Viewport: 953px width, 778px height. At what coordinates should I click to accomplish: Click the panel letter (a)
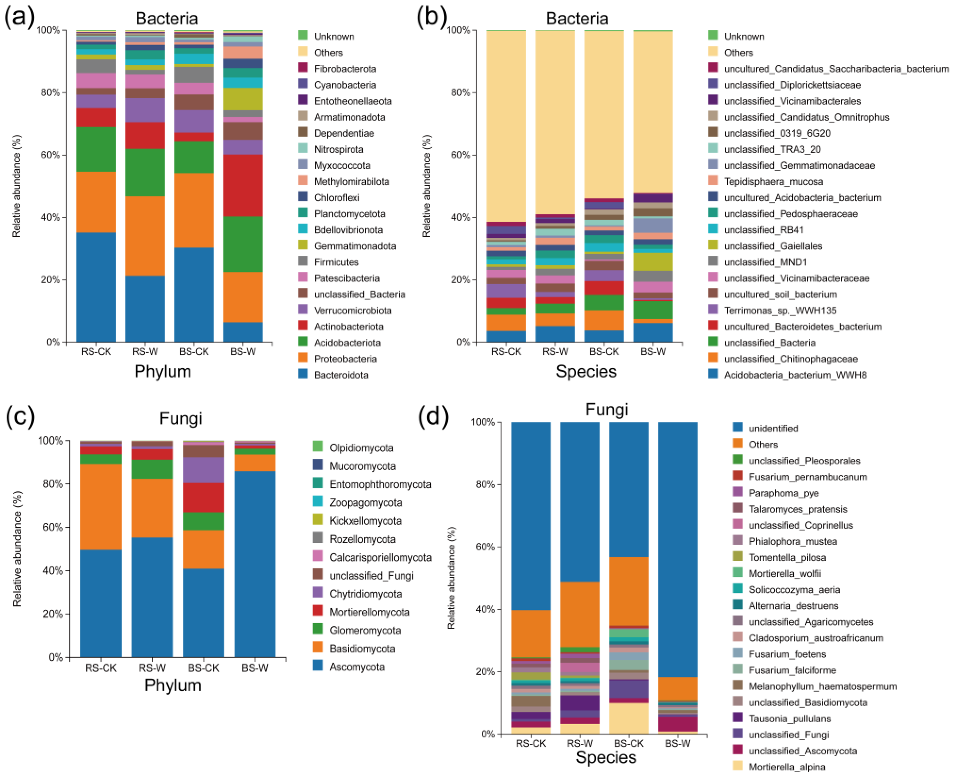click(19, 18)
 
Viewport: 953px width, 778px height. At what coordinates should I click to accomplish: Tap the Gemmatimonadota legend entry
click(355, 246)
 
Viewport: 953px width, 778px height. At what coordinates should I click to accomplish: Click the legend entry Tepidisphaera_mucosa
click(773, 181)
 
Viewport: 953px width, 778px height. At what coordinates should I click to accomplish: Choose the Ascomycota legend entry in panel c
click(357, 667)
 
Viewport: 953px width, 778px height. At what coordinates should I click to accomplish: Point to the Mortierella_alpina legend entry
click(786, 767)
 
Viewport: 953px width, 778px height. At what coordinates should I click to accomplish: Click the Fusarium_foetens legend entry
click(787, 654)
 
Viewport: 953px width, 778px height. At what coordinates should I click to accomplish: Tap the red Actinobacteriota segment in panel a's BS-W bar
click(243, 185)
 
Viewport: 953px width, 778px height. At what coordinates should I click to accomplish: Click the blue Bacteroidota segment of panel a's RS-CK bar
click(96, 287)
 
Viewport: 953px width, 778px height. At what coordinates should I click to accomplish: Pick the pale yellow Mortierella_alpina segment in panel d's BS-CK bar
click(628, 718)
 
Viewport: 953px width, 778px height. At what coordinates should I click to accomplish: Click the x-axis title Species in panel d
click(605, 757)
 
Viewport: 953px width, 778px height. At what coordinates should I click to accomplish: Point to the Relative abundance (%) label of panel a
click(17, 186)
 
